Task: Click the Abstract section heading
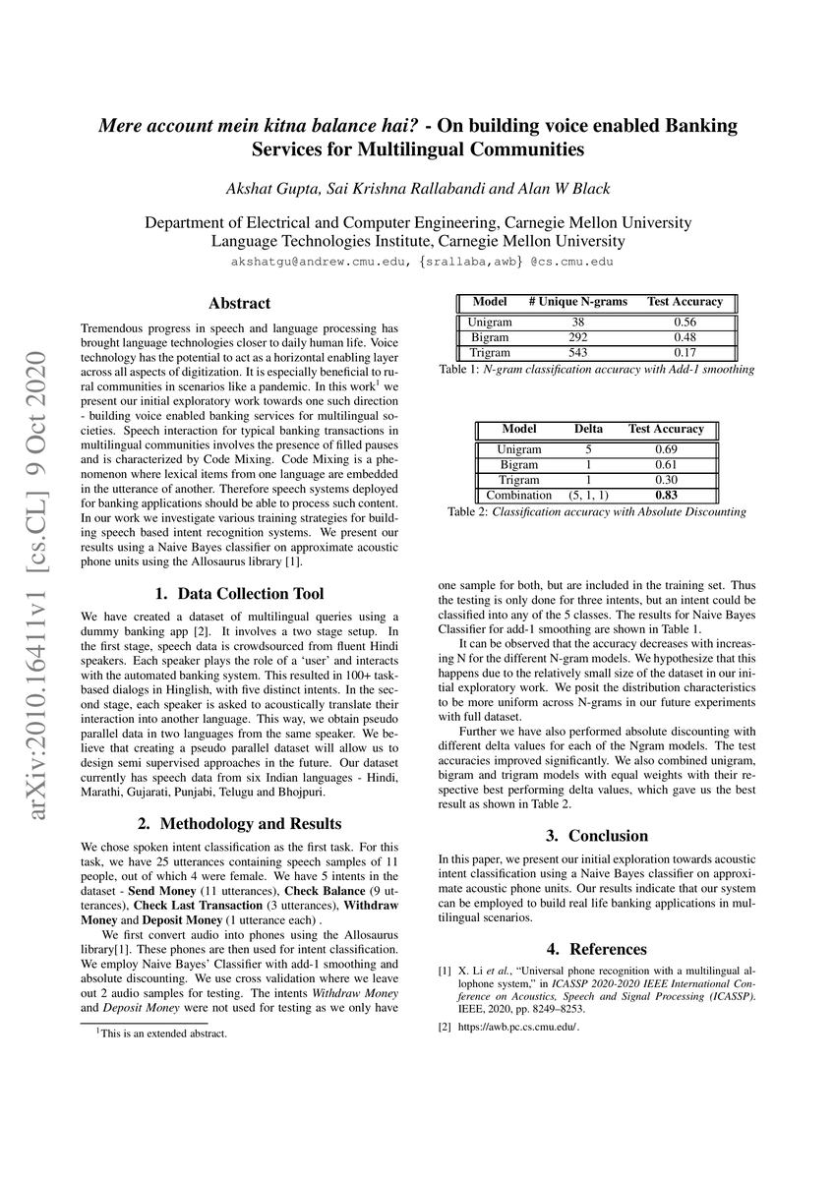click(x=239, y=304)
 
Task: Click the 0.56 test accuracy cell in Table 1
click(x=685, y=323)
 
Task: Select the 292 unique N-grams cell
click(x=577, y=337)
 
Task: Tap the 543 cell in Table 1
click(x=577, y=352)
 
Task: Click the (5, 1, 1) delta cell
click(x=589, y=495)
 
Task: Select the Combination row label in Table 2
click(x=518, y=495)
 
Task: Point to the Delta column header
click(x=589, y=430)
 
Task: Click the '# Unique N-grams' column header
click(x=577, y=302)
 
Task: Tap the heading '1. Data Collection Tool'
click(x=239, y=594)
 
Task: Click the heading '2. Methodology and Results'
click(x=239, y=823)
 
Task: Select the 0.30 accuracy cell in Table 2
click(x=666, y=480)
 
